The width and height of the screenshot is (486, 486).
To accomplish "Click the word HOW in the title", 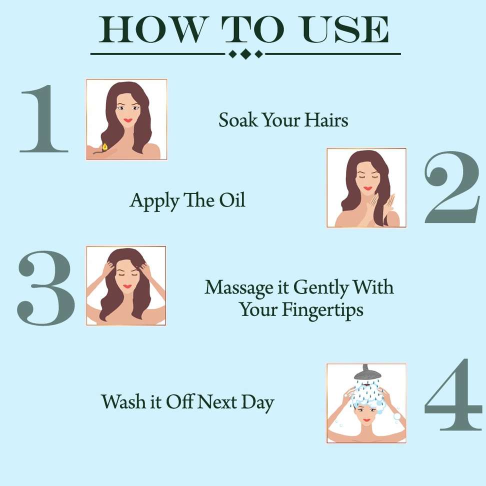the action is (152, 29).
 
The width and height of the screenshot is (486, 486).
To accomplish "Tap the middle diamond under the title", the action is (245, 54).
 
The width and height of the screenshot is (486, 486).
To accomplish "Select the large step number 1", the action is (43, 118).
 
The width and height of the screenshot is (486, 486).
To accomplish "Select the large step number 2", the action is (452, 187).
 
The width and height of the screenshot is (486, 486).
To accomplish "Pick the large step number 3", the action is (46, 288).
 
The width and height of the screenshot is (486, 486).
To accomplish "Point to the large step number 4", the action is (453, 394).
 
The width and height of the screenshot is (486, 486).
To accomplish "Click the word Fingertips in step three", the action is (322, 310).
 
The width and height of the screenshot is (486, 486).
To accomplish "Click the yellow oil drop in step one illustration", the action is (105, 146).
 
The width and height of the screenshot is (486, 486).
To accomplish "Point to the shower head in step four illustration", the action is (367, 373).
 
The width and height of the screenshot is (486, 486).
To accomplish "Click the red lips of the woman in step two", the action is (367, 188).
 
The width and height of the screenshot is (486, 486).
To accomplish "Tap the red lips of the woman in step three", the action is (127, 286).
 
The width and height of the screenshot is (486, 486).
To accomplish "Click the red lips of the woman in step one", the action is (127, 120).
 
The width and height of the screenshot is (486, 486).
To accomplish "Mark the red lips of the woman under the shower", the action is (366, 420).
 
